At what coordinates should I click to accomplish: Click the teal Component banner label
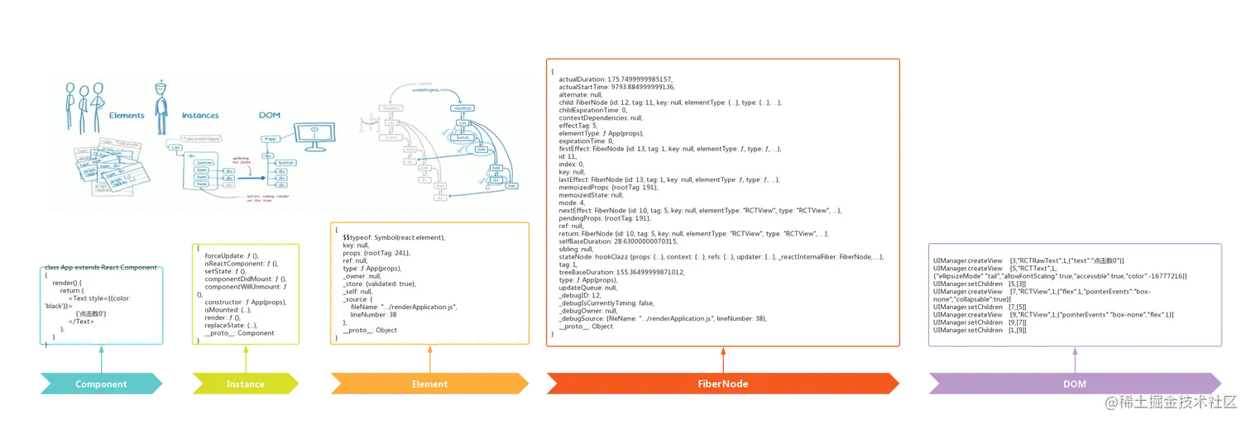[x=101, y=384]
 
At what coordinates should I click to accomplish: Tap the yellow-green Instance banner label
[x=246, y=384]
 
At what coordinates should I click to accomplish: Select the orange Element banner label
[x=429, y=384]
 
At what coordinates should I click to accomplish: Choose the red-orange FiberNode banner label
[x=722, y=384]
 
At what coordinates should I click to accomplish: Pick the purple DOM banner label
[x=1074, y=384]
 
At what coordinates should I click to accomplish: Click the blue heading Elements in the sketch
[x=127, y=116]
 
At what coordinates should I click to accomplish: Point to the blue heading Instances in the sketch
[x=200, y=116]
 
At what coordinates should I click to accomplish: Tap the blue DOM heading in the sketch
[x=270, y=116]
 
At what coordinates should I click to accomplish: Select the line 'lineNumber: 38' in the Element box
[x=375, y=315]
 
